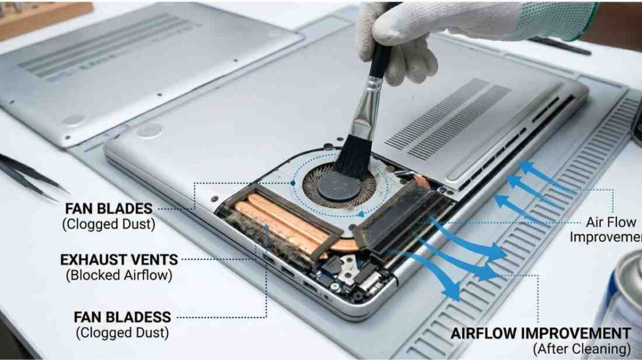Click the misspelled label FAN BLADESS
coord(122,317)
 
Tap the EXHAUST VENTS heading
coord(118,259)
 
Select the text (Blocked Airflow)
coord(118,274)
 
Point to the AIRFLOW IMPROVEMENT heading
coord(540,333)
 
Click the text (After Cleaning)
coord(581,348)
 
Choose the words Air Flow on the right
coord(611,222)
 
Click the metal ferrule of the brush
coord(366,117)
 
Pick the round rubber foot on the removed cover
coord(73,120)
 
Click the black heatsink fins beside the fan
coord(401,216)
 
